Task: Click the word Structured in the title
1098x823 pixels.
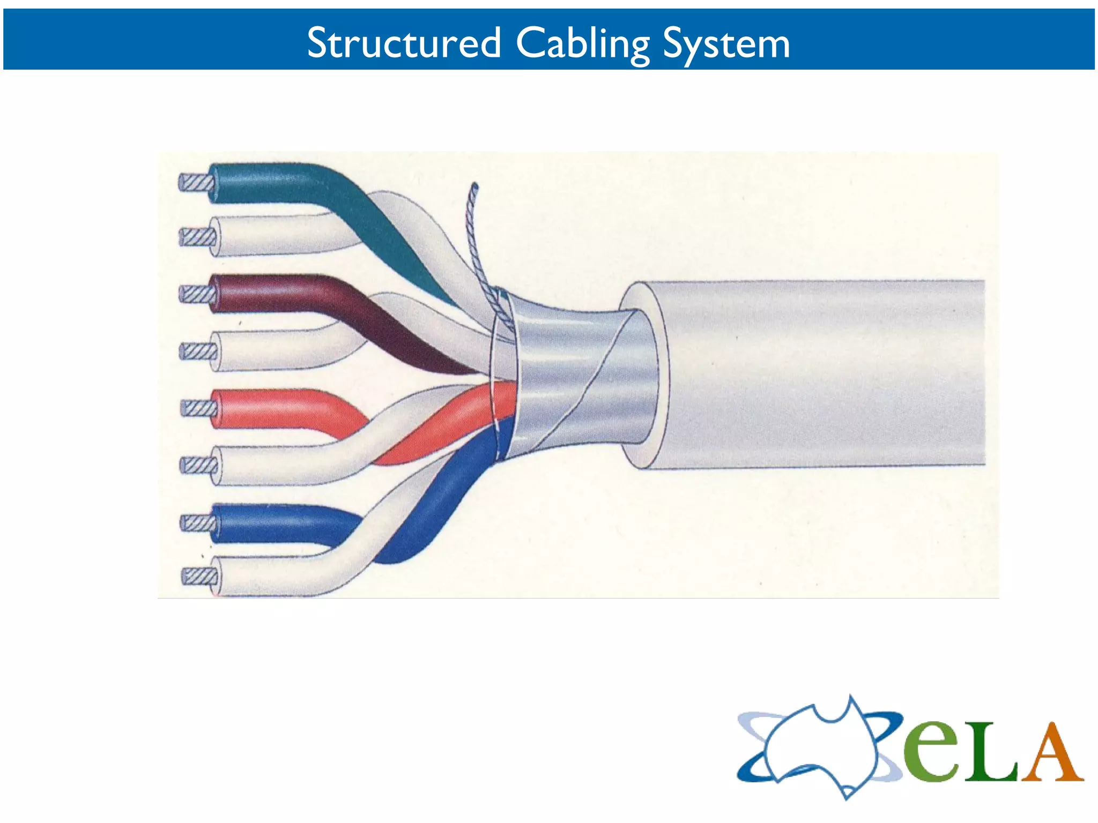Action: pyautogui.click(x=403, y=43)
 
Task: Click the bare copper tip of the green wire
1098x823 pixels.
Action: pyautogui.click(x=194, y=183)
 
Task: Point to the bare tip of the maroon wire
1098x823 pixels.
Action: pyautogui.click(x=195, y=294)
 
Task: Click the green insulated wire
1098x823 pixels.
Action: pyautogui.click(x=279, y=183)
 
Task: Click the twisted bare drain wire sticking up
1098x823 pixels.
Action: pyautogui.click(x=472, y=236)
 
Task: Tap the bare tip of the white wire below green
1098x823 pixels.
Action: pyautogui.click(x=195, y=236)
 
